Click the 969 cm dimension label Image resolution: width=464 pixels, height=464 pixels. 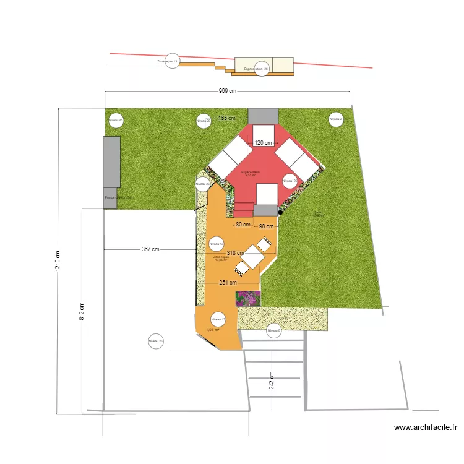click(x=227, y=92)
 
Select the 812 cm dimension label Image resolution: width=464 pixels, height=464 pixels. click(x=82, y=310)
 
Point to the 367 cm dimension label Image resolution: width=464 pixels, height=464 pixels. click(x=150, y=249)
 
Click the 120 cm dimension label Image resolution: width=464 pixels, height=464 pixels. click(x=263, y=143)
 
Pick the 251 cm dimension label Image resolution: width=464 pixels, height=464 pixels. click(x=228, y=283)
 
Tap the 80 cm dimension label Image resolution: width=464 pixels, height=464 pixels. click(x=243, y=225)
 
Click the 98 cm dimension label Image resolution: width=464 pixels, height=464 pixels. click(x=266, y=226)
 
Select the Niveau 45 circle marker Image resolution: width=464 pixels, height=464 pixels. click(x=115, y=121)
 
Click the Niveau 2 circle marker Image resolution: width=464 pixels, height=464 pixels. click(x=335, y=119)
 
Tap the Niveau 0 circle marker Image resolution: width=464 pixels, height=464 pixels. click(x=273, y=332)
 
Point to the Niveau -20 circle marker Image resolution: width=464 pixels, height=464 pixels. click(x=290, y=181)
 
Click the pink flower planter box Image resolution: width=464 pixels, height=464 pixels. click(x=248, y=299)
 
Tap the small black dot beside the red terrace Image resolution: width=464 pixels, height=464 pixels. click(x=280, y=212)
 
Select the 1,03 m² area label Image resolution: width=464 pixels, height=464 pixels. click(x=213, y=330)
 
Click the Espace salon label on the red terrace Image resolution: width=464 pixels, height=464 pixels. click(x=251, y=173)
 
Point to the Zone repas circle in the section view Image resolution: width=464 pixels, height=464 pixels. click(x=171, y=62)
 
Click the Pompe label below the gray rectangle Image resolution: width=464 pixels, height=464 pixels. click(x=118, y=197)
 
